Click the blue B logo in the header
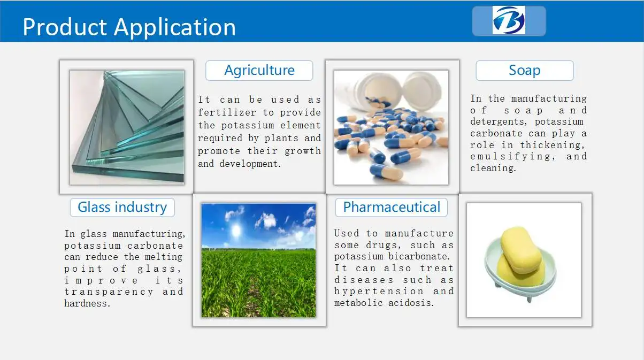pos(509,20)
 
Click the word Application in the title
pos(175,28)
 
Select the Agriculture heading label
pos(259,71)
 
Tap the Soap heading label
pos(525,71)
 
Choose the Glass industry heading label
pos(122,208)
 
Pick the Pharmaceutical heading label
pos(392,208)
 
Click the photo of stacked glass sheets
pos(127,127)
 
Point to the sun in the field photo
pos(236,231)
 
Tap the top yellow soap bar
pos(521,250)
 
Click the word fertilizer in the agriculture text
pos(227,112)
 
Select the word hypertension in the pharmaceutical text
pos(379,292)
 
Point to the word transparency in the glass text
pos(109,293)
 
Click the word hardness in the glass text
pos(87,303)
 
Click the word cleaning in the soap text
pos(493,168)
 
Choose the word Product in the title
pos(65,27)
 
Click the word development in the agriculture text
pos(250,164)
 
